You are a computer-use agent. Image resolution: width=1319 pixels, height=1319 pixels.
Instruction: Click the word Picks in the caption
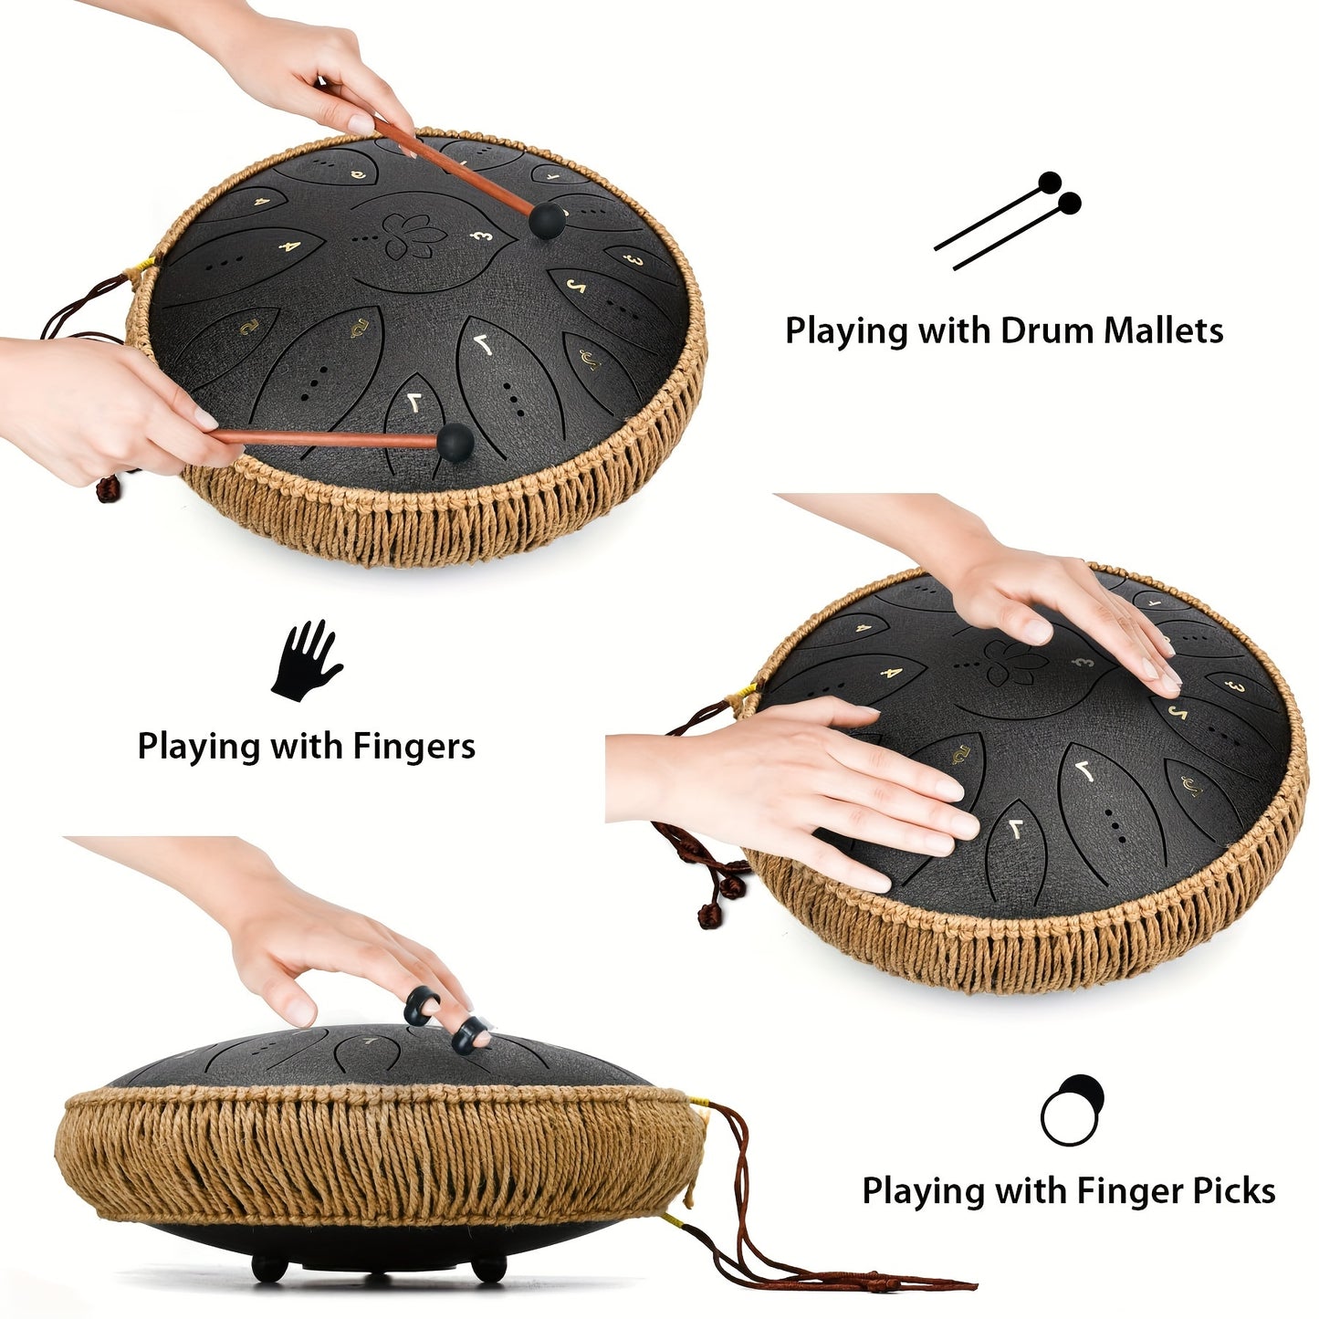[1233, 1191]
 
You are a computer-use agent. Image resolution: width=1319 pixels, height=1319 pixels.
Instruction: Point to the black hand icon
[306, 661]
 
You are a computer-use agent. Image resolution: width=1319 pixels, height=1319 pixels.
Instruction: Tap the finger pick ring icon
[1072, 1109]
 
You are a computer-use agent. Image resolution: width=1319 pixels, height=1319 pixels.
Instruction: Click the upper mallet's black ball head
[547, 220]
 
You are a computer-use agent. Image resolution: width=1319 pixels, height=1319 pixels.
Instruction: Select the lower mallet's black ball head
[455, 442]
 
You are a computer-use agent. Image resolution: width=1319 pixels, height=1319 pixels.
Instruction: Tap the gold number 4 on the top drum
[288, 246]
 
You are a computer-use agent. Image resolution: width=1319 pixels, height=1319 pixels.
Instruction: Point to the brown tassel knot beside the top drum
[108, 488]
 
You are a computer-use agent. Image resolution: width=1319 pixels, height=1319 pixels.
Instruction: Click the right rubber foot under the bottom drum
[490, 1267]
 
